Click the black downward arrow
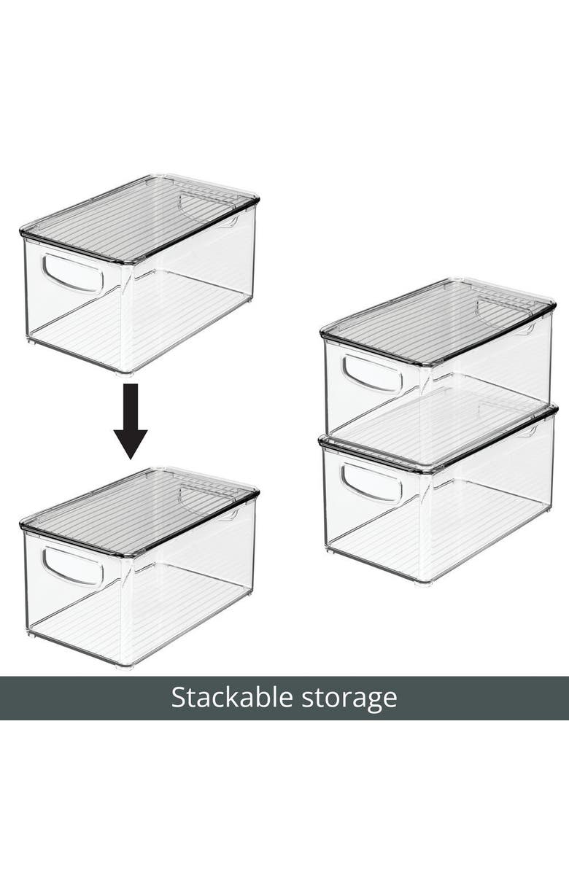pos(131,421)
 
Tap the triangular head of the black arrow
pos(131,443)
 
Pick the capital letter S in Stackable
pos(178,698)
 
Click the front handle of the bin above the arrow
pos(72,273)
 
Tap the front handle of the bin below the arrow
pos(72,567)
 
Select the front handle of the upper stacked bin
pos(372,374)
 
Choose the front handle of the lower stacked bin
pos(372,483)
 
